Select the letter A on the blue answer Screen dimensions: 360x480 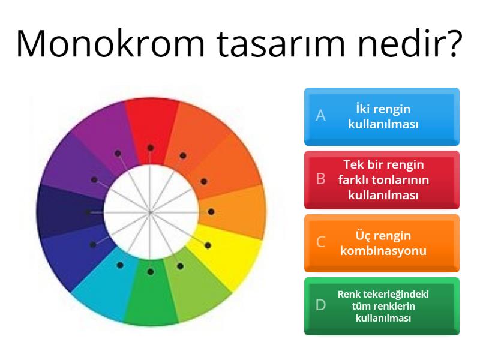click(x=321, y=116)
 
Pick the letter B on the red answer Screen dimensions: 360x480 click(x=321, y=179)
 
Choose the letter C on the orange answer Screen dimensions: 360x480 click(x=321, y=242)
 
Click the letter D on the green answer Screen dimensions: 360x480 click(x=321, y=305)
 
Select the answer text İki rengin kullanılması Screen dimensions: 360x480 click(x=383, y=116)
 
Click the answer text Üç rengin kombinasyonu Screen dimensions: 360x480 click(x=383, y=242)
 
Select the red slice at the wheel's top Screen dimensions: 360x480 click(x=151, y=123)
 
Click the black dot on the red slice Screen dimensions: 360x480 click(x=151, y=148)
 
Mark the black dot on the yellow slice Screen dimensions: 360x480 click(x=208, y=245)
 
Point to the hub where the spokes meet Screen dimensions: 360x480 click(x=151, y=212)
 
